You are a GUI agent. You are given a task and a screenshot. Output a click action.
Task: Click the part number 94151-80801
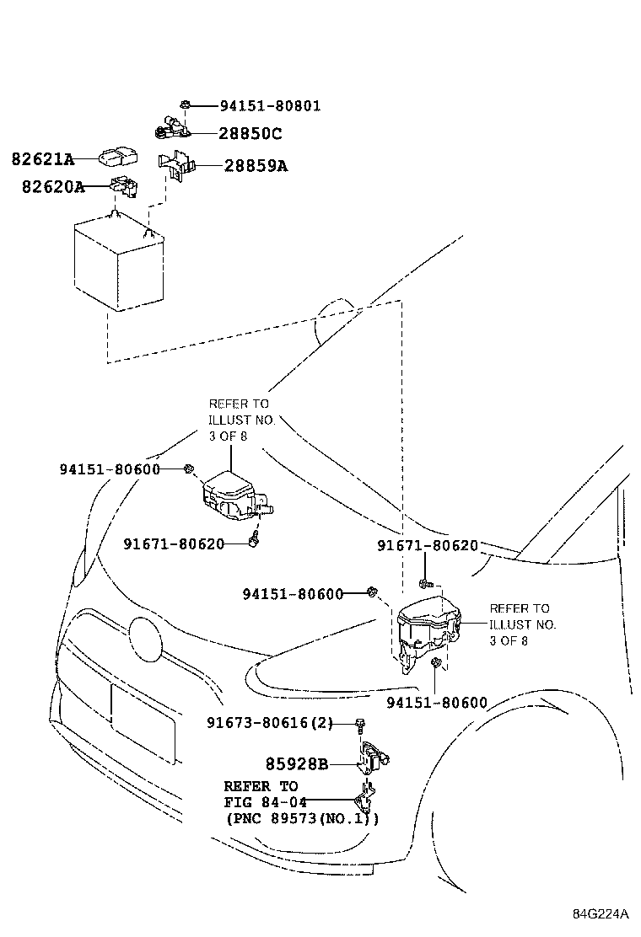270,106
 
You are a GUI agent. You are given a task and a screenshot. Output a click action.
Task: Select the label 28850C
250,133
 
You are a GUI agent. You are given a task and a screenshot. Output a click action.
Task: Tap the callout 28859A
256,166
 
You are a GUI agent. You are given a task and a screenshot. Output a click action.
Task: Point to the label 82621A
42,158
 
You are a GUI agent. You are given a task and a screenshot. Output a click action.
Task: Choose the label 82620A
52,186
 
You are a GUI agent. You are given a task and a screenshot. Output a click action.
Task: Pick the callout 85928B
296,765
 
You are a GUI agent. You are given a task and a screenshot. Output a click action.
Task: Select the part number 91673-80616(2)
270,723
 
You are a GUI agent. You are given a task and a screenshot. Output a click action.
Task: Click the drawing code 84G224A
601,914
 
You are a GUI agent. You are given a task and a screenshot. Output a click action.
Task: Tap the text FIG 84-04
265,801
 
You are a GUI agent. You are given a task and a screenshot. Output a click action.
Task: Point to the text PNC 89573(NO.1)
302,817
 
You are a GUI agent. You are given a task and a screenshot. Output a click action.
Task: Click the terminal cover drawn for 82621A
119,157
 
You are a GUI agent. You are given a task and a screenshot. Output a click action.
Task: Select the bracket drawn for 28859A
175,167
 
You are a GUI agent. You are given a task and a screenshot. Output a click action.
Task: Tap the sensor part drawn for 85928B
377,756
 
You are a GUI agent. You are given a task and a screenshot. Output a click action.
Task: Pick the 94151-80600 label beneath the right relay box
437,702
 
